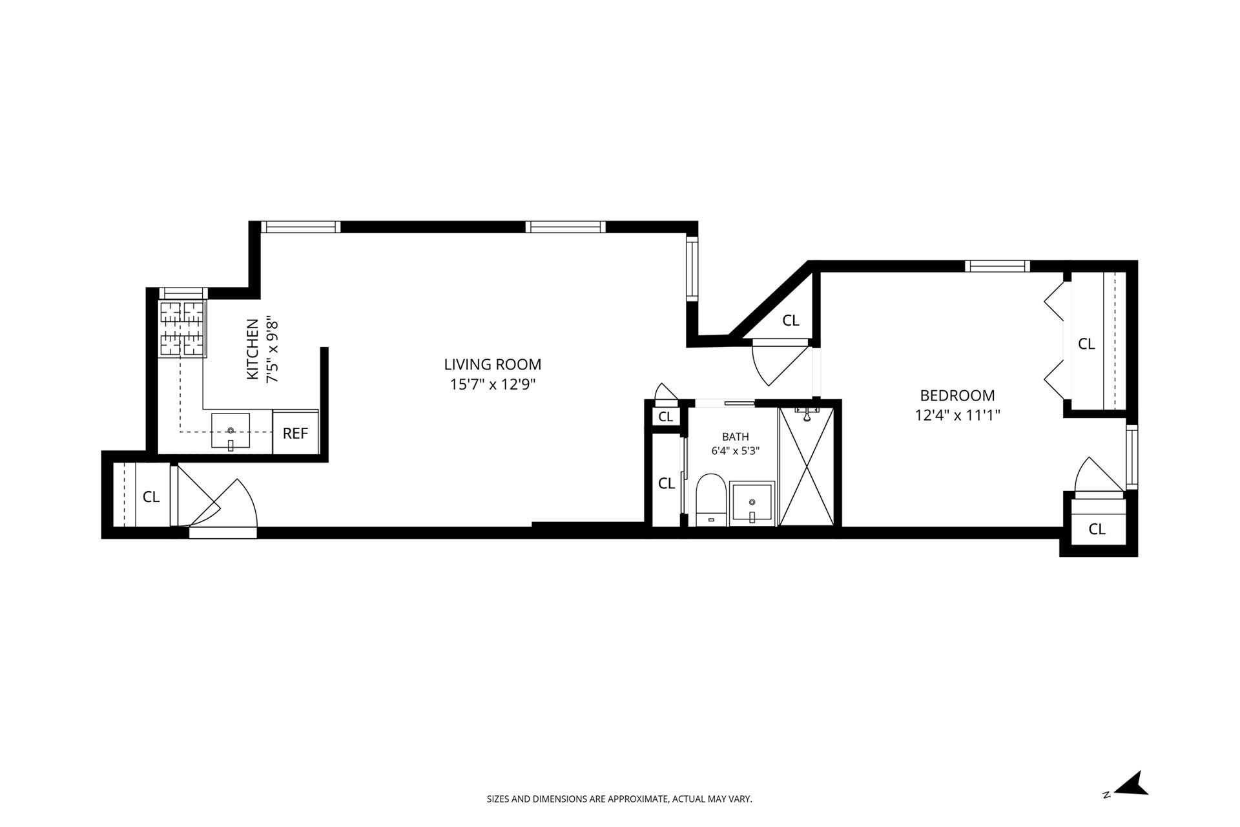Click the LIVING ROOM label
[492, 364]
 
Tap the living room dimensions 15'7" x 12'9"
[493, 384]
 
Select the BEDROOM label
[957, 395]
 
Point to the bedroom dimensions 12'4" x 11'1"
[957, 415]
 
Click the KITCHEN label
[253, 349]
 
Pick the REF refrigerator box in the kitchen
[295, 432]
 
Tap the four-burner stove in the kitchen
[183, 329]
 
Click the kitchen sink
[231, 432]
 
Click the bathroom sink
[752, 503]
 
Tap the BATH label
[736, 437]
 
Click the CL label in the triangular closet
[790, 320]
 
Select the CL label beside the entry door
[151, 497]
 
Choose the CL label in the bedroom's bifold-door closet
[1086, 344]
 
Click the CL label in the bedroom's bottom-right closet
[1097, 529]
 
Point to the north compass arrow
[1135, 784]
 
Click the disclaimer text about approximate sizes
[619, 799]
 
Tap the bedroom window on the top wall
[997, 266]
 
